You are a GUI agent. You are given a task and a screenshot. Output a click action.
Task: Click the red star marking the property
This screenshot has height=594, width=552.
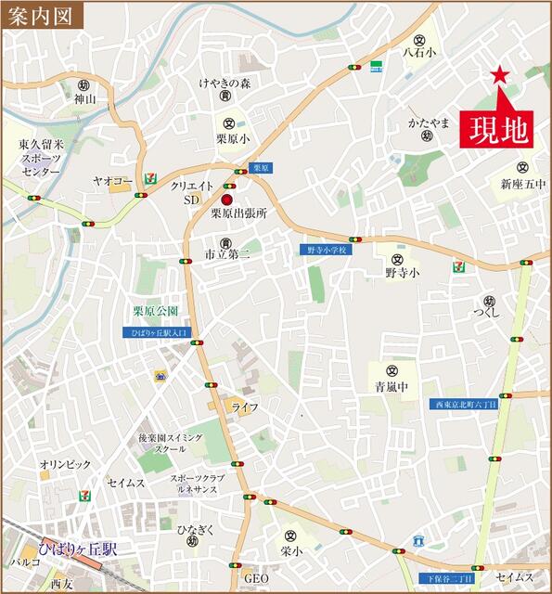(x=500, y=75)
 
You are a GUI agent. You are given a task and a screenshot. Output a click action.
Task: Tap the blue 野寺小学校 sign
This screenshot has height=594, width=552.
(x=327, y=251)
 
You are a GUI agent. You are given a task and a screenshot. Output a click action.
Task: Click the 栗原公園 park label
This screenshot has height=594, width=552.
(x=154, y=312)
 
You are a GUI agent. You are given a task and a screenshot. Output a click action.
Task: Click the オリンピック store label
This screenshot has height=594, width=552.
(x=65, y=464)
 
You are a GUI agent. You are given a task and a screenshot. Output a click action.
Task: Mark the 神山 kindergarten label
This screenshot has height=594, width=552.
(x=84, y=98)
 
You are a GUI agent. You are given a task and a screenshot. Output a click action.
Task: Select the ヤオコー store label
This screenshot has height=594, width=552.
(x=109, y=181)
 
